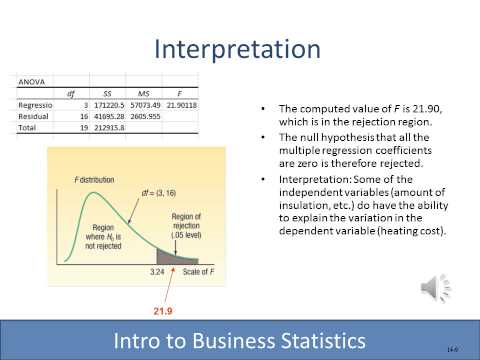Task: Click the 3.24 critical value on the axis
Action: point(155,270)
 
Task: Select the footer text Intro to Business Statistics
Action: point(239,338)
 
